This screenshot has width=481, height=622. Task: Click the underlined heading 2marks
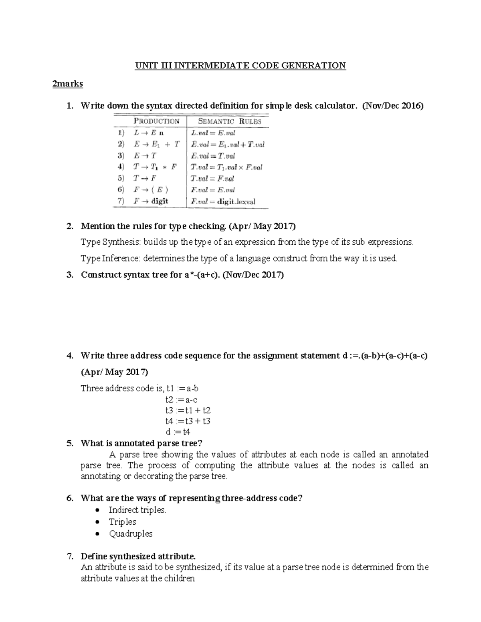(67, 84)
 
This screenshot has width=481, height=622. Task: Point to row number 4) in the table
(119, 167)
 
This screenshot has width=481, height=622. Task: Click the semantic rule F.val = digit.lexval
(223, 201)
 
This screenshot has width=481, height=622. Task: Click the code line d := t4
(178, 432)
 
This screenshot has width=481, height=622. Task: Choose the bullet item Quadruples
(131, 533)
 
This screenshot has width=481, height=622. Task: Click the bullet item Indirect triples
(137, 510)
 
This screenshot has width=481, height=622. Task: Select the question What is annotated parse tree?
(141, 443)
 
